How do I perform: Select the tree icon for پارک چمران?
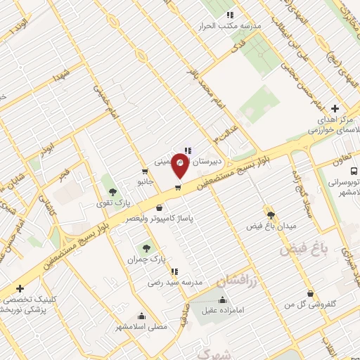tap(146, 247)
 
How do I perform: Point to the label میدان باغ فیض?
tap(271, 226)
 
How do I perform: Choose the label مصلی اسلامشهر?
tap(142, 327)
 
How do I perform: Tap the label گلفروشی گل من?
tap(290, 304)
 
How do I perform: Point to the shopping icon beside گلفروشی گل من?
tap(311, 294)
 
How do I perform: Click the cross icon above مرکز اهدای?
tap(335, 109)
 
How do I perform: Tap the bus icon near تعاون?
tap(353, 170)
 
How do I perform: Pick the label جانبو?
tap(145, 181)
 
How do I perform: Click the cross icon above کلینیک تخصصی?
tap(20, 288)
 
